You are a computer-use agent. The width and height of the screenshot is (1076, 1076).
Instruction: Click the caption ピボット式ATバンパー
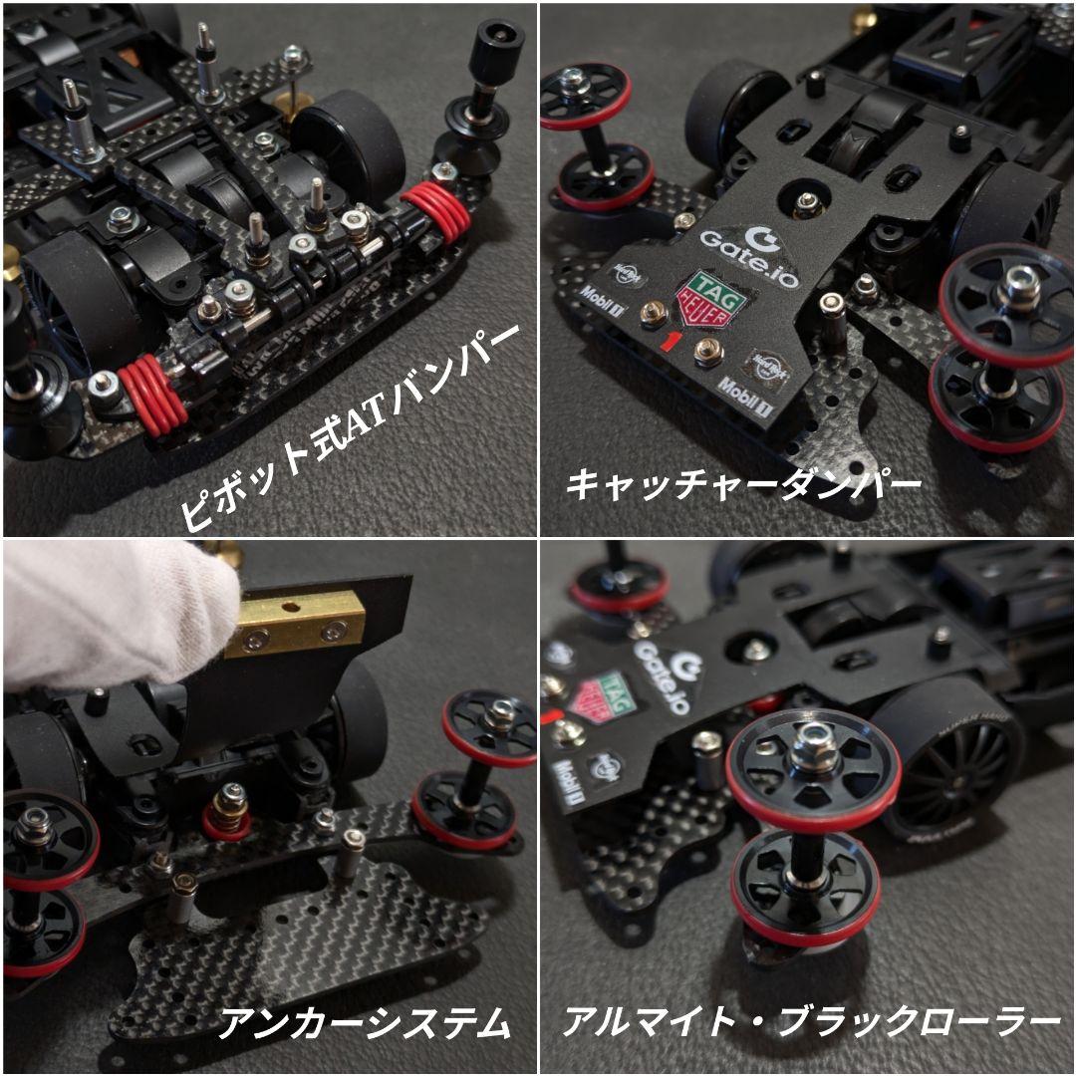pyautogui.click(x=351, y=426)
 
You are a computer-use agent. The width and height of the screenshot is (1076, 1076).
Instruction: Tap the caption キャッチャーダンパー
pyautogui.click(x=743, y=485)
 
